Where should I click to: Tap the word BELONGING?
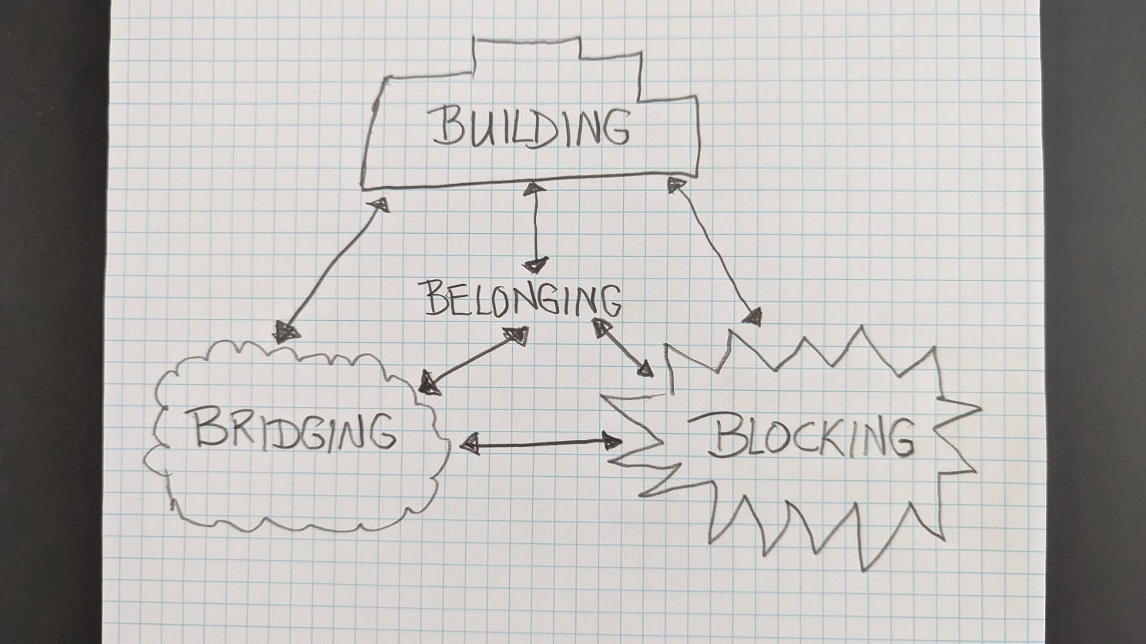point(522,299)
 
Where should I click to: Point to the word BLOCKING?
point(812,437)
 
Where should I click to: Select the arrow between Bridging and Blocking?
point(544,442)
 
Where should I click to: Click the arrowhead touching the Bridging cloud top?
point(288,331)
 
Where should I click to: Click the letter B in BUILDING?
point(446,128)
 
